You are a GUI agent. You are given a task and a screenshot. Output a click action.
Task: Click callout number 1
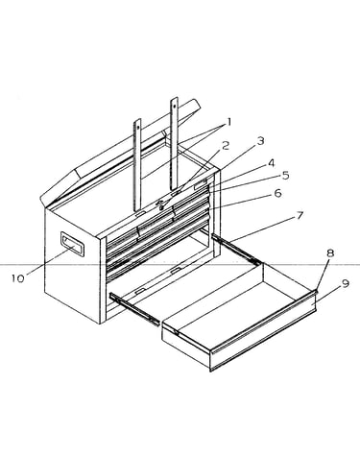(x=229, y=122)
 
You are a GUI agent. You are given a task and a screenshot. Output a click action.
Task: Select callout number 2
(x=226, y=146)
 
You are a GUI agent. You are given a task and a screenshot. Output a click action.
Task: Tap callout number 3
(x=260, y=140)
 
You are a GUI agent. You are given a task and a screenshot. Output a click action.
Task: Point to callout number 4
(x=271, y=163)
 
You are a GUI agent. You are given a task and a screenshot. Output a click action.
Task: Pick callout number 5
(x=285, y=175)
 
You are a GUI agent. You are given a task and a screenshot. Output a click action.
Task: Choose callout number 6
(x=277, y=193)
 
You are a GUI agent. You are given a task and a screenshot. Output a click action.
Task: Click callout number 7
(x=300, y=215)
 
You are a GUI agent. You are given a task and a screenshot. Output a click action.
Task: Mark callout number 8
(x=330, y=253)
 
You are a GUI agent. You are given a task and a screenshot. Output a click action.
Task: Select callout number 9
(x=345, y=283)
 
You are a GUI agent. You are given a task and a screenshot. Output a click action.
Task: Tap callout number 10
(x=18, y=278)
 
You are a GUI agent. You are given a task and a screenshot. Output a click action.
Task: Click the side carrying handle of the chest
(x=72, y=245)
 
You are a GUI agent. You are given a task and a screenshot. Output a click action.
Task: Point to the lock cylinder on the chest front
(x=161, y=204)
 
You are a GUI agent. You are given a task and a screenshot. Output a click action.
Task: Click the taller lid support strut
(x=174, y=144)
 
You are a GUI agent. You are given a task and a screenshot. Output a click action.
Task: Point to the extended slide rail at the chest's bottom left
(x=134, y=309)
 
